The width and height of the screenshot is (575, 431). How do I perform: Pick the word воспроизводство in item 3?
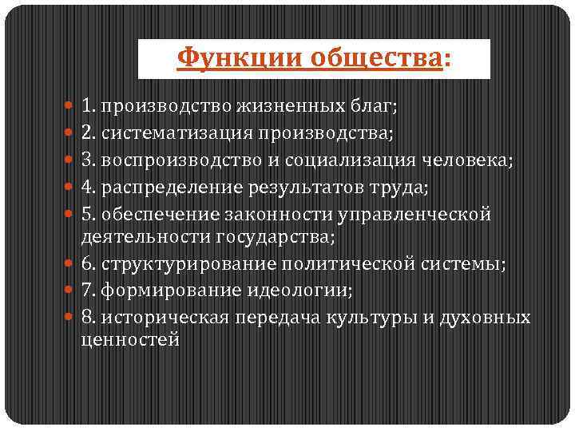[x=164, y=160]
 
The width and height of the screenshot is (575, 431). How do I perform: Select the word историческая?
[x=150, y=318]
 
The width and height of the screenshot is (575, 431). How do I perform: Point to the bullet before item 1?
[x=71, y=105]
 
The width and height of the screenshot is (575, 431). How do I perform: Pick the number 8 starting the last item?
[x=85, y=318]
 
